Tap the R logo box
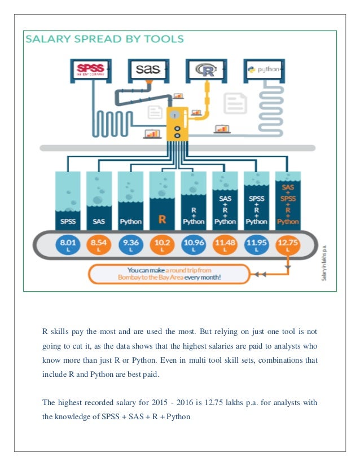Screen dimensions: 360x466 205,71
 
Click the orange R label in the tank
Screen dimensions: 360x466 162,219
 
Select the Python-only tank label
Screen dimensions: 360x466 130,221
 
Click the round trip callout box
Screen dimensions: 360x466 168,274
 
